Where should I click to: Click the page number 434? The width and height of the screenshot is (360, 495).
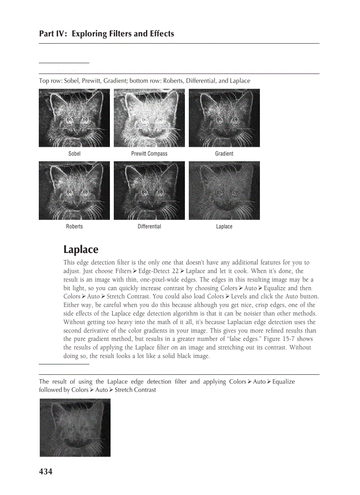click(46, 472)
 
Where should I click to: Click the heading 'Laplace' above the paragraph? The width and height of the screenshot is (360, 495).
click(81, 249)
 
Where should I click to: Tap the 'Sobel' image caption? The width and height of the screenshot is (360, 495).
click(74, 154)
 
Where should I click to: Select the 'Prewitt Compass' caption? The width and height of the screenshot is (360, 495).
click(149, 154)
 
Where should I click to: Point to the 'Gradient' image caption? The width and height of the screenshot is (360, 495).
click(224, 154)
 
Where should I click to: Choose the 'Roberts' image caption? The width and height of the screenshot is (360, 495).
click(74, 227)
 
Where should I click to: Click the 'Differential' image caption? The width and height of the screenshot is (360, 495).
click(149, 227)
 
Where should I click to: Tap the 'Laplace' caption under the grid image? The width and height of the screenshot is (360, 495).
click(224, 227)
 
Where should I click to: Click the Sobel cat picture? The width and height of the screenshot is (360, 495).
click(74, 118)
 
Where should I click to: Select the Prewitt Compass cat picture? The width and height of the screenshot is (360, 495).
click(149, 118)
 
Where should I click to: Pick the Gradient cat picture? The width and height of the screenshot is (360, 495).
click(224, 118)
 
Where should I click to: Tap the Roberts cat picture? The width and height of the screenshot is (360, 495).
click(74, 190)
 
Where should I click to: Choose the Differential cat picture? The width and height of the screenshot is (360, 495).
click(149, 190)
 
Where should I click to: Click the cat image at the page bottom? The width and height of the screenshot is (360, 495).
click(75, 428)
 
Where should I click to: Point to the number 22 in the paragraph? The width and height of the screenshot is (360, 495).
click(175, 272)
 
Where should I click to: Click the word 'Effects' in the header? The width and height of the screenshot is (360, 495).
click(161, 34)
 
